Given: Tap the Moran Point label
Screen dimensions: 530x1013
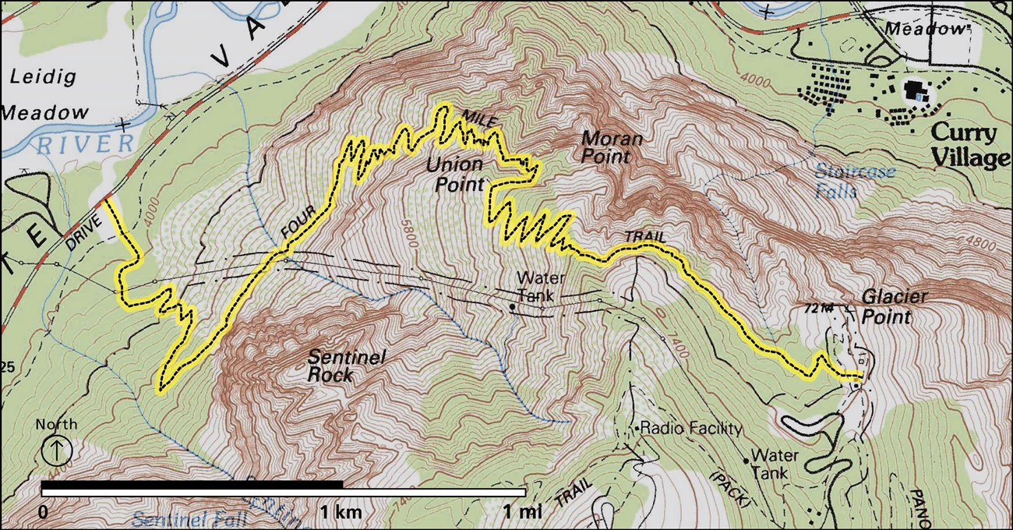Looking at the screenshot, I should pos(612,148).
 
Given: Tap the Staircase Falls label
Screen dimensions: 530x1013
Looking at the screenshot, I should pos(855,181).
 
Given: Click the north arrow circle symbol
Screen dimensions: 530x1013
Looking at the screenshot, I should pos(61,450).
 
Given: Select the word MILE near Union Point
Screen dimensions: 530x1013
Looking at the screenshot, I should pos(479,118).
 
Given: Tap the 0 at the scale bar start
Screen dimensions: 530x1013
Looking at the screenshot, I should pos(44,512).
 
